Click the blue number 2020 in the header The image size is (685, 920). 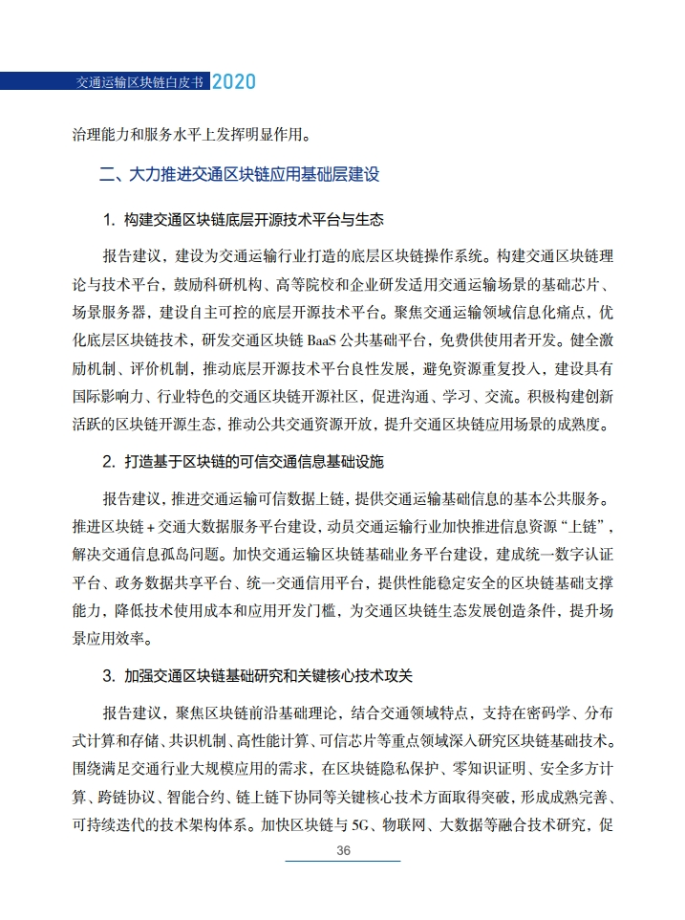[x=233, y=82]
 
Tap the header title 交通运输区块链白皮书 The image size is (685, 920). [x=139, y=83]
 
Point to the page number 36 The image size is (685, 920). [x=344, y=850]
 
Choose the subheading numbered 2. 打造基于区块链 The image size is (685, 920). [x=243, y=462]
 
